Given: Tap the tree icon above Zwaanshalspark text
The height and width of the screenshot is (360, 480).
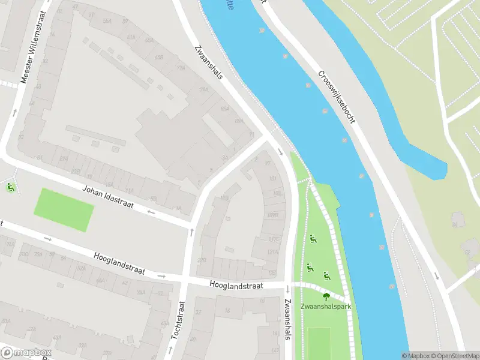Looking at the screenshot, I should (326, 296).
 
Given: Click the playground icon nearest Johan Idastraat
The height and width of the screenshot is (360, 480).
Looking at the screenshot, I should (10, 188).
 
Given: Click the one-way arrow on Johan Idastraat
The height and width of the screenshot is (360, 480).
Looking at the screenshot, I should (151, 212).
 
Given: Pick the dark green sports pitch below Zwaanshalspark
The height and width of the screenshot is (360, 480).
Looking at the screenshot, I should (319, 342).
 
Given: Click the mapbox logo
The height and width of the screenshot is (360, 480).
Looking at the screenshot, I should (25, 353).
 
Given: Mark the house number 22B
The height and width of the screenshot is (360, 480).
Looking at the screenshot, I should (202, 260).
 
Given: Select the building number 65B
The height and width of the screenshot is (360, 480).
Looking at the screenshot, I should (159, 58).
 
